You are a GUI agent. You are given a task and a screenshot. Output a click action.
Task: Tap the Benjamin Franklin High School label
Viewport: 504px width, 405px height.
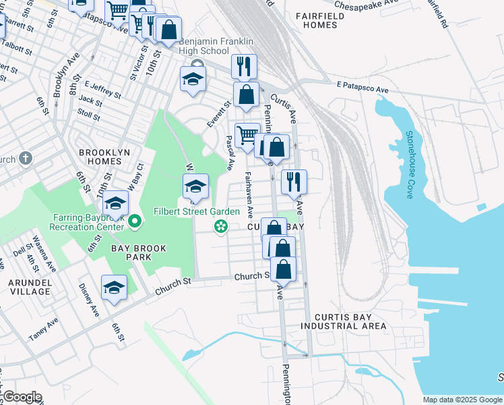(x=204, y=46)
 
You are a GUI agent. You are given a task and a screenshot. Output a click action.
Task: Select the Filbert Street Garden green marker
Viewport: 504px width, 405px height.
(x=220, y=226)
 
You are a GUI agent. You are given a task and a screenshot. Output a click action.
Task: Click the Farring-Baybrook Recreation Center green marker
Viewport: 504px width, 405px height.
(x=135, y=221)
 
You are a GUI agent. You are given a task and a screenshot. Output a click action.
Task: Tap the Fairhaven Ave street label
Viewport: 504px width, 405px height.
(x=249, y=196)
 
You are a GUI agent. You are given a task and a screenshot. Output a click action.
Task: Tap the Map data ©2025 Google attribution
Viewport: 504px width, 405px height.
(x=462, y=400)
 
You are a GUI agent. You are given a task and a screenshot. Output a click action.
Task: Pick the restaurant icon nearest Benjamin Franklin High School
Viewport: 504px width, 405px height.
(x=244, y=66)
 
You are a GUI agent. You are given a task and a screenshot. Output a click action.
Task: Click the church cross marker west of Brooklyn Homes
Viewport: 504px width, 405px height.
(x=26, y=159)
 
